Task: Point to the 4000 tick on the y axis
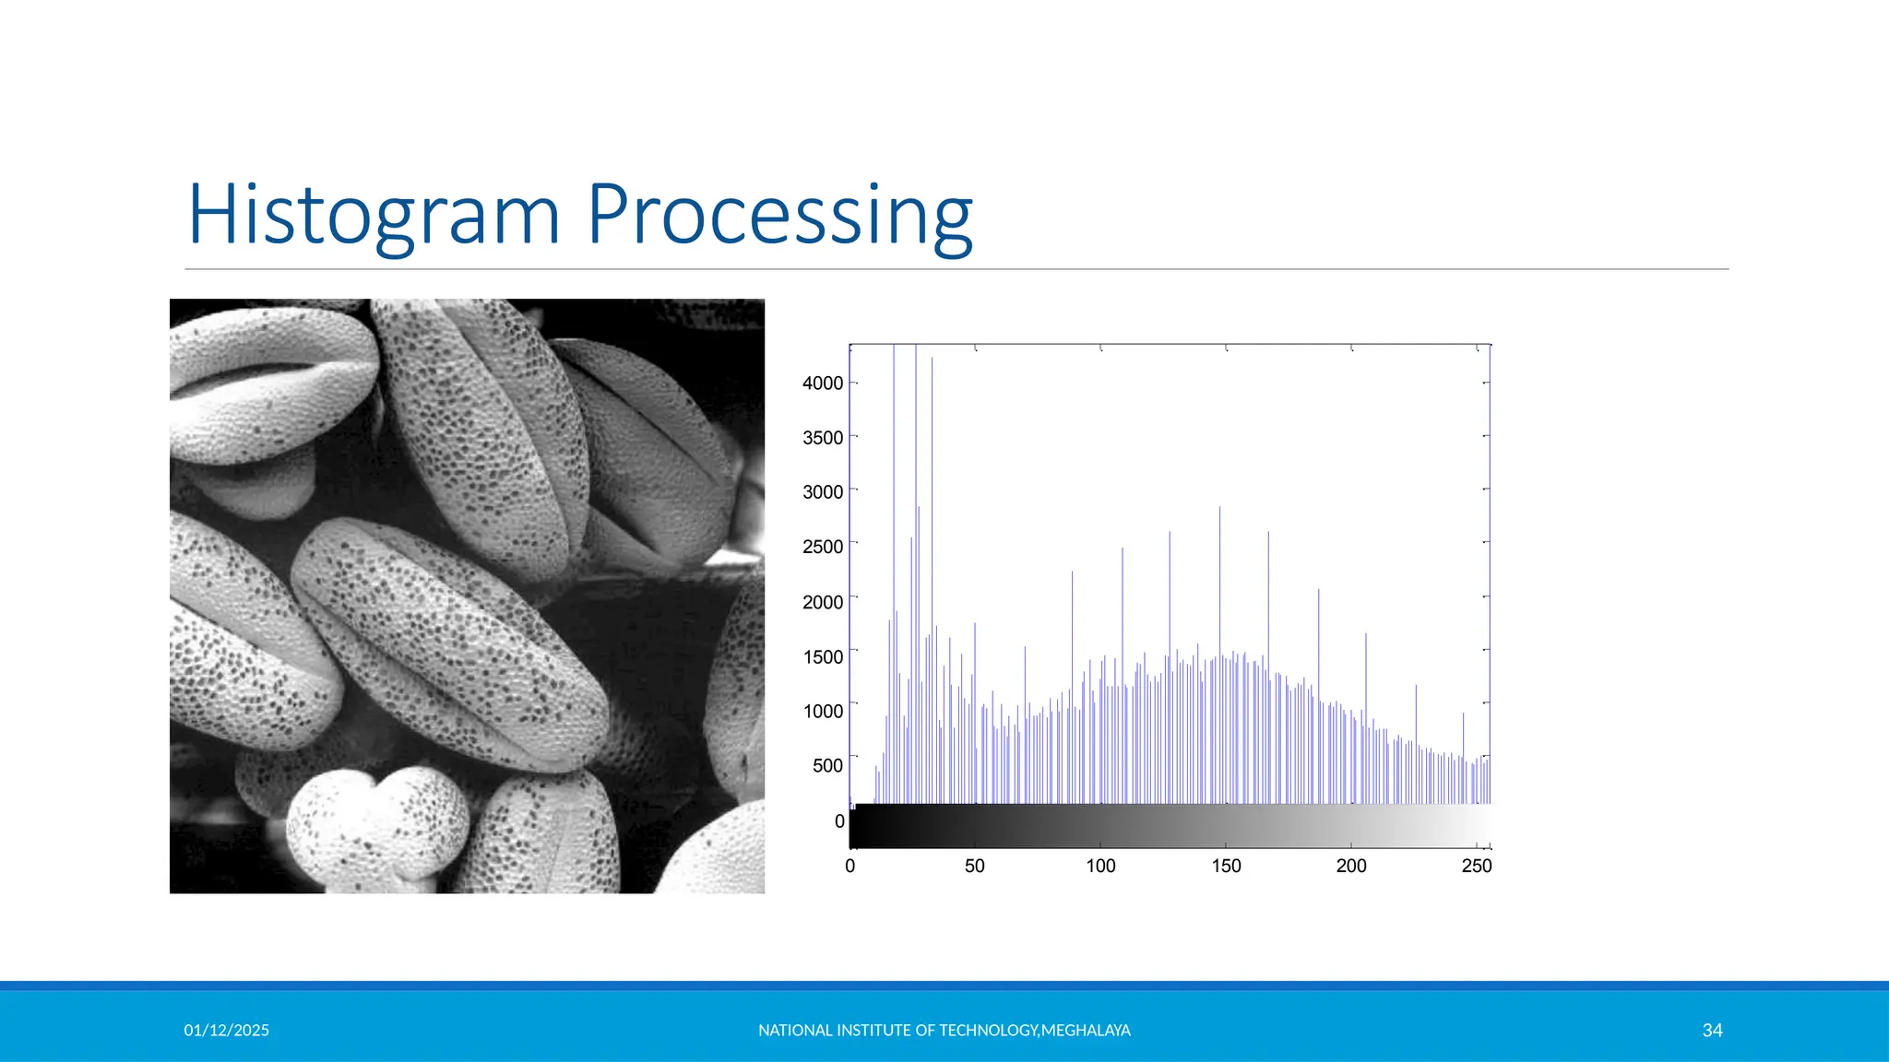tap(823, 383)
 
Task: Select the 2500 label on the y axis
tap(823, 547)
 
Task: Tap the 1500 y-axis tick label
tap(823, 656)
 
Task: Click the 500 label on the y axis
tap(827, 765)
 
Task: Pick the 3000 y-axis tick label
tap(823, 492)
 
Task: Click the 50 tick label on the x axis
tap(974, 866)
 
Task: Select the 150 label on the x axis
tap(1226, 866)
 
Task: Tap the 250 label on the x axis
tap(1476, 866)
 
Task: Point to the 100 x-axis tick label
tap(1100, 866)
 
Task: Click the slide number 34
tap(1712, 1030)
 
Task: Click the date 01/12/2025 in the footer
tap(226, 1030)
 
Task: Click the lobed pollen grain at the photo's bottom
tap(374, 830)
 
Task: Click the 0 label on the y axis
tap(839, 820)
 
